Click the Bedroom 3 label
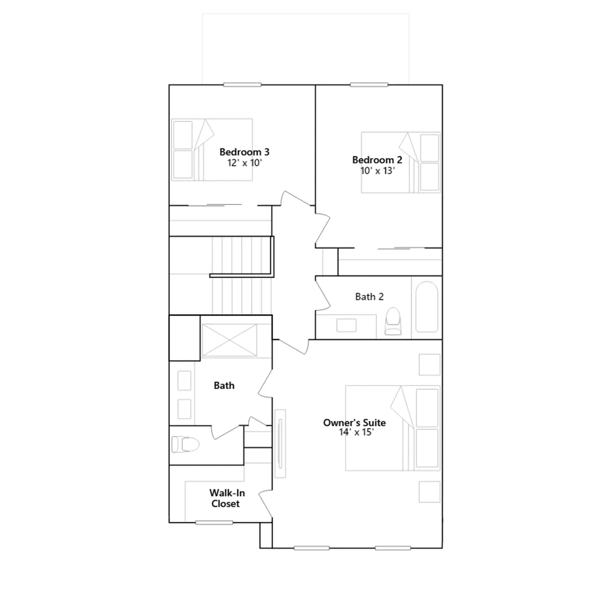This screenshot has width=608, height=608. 244,152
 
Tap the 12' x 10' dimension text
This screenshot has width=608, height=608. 244,163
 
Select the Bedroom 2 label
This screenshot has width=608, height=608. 377,160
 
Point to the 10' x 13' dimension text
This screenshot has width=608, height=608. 377,171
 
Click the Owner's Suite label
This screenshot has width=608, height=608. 354,423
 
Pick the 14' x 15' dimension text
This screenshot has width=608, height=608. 356,432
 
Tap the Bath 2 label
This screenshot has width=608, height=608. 369,297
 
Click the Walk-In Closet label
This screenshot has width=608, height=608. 227,498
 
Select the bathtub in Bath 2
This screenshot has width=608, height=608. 427,307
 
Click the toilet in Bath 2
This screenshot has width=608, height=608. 393,321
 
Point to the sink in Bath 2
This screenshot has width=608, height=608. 346,325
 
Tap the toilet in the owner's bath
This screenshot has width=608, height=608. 185,444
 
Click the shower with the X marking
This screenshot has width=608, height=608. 229,340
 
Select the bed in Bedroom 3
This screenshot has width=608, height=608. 212,149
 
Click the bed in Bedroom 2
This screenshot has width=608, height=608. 401,162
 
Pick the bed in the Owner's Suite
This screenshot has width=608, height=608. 393,428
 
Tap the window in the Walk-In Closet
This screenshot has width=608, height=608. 214,523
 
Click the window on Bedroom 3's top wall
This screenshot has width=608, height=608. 242,85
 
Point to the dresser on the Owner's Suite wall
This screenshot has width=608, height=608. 280,443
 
